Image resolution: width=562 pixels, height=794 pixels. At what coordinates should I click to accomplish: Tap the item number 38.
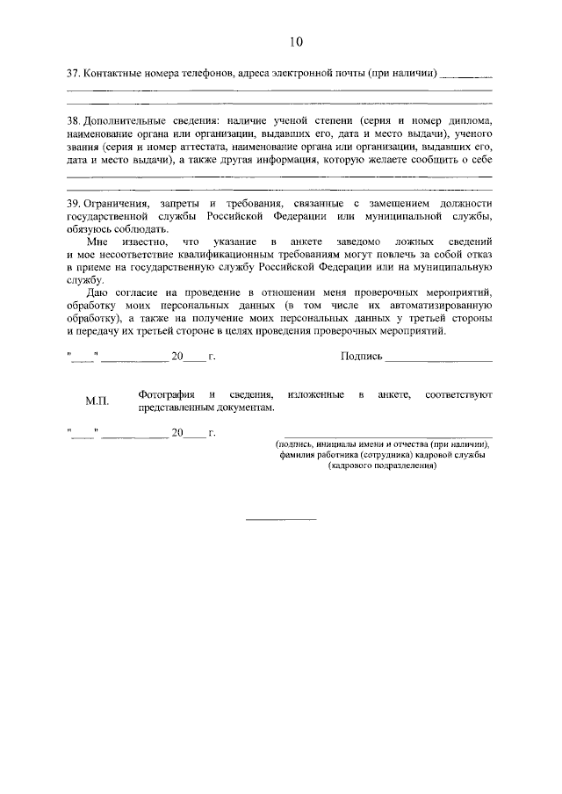coord(73,119)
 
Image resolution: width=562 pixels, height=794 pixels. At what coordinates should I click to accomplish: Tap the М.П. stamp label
coord(97,401)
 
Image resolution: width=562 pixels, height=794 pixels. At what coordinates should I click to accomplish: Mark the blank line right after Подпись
coord(438,358)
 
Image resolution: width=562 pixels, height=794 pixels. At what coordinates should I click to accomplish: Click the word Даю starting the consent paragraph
coord(98,291)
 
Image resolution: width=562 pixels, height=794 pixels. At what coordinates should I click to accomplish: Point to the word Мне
coord(98,241)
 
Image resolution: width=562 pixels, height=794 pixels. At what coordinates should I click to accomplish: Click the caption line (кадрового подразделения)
coord(382,467)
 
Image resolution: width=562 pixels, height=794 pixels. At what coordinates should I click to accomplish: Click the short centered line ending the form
coord(280,520)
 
